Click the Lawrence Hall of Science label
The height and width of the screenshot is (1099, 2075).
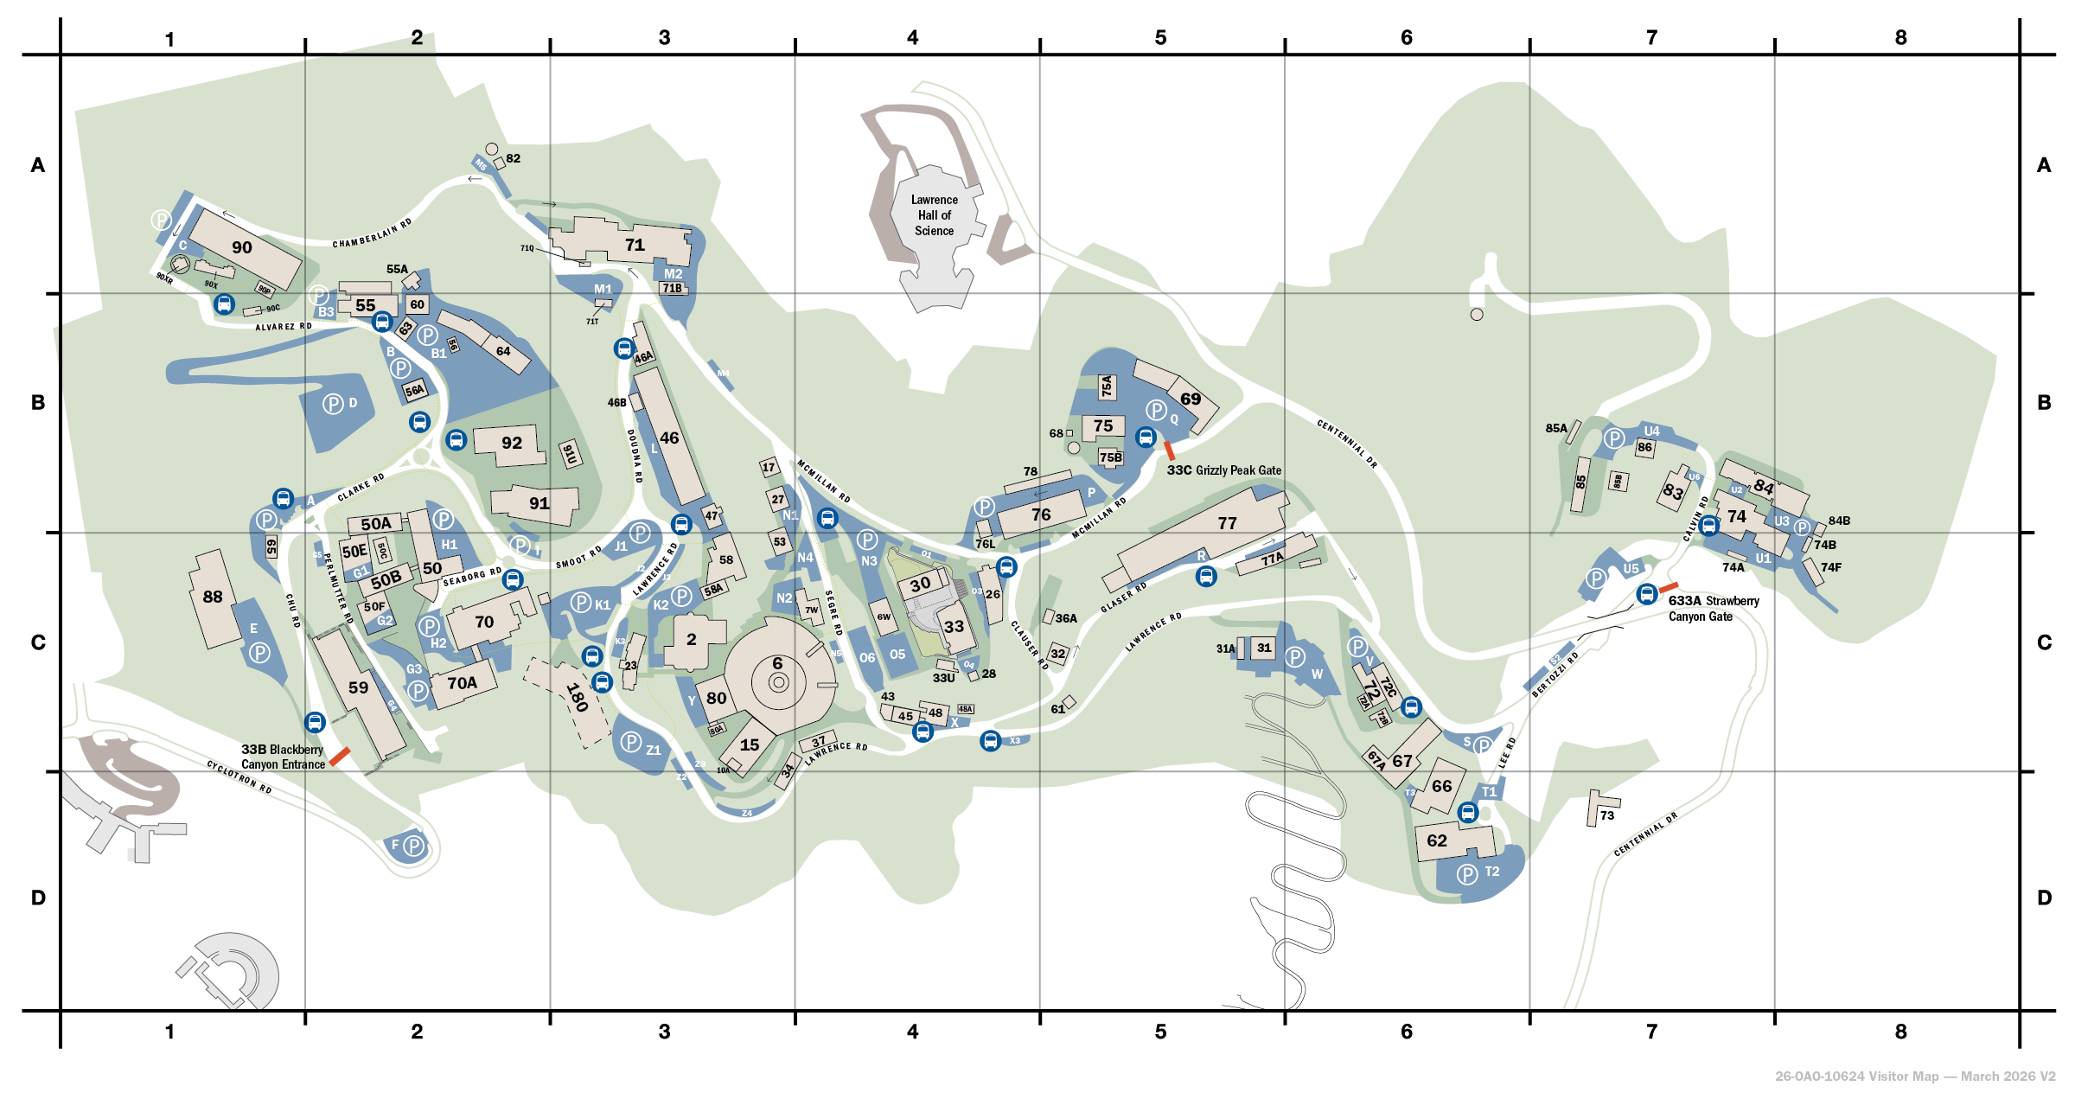tap(934, 215)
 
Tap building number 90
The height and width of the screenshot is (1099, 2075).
tap(242, 247)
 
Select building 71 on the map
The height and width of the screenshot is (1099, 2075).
tap(635, 245)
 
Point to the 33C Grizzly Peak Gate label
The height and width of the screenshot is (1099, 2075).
tap(1224, 470)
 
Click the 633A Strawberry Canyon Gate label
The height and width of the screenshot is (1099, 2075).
tap(1713, 608)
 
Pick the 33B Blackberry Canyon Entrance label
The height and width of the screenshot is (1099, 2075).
tap(283, 757)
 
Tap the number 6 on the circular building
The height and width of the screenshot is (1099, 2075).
tap(777, 663)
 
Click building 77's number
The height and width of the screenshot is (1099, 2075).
tap(1227, 523)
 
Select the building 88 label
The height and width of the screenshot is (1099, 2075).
tap(213, 597)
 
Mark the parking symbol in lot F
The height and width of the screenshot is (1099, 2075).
tap(414, 846)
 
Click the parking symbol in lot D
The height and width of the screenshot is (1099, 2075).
tap(333, 403)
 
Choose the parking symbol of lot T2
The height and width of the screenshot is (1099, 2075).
tap(1467, 874)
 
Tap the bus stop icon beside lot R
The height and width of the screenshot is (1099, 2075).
tap(1206, 576)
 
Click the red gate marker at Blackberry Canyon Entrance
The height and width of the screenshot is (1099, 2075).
tap(340, 756)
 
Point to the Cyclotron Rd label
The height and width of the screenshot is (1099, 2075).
tap(239, 776)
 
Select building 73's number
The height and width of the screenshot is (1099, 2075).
tap(1607, 815)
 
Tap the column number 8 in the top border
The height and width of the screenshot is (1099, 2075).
tap(1900, 37)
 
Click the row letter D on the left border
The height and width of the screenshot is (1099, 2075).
tap(38, 898)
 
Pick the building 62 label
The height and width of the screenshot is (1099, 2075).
tap(1437, 840)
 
